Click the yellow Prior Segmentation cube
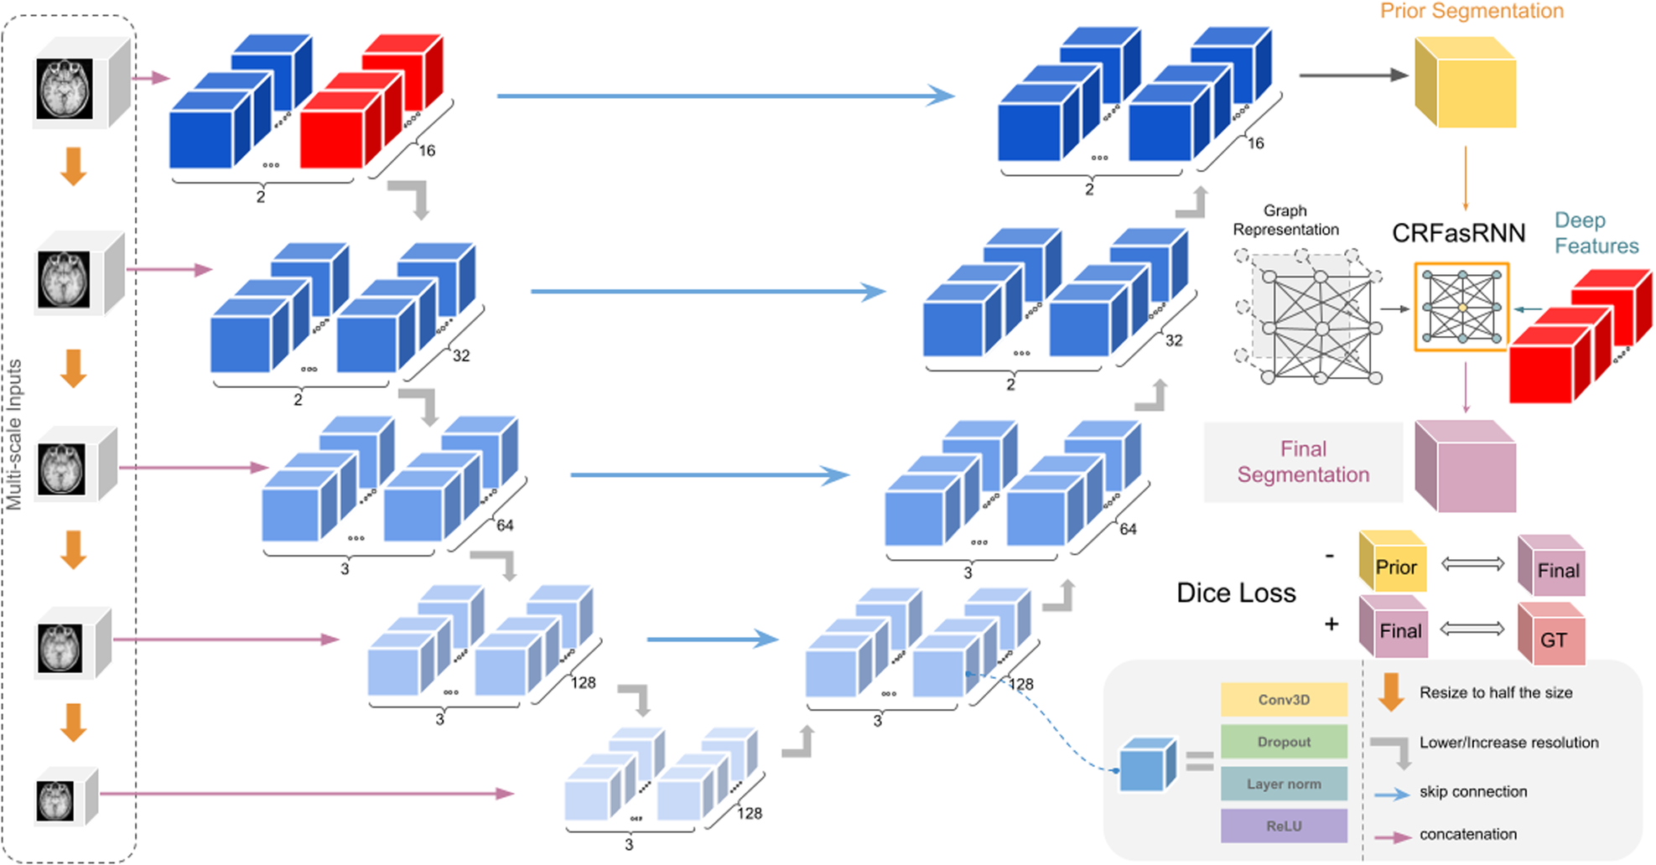click(x=1466, y=83)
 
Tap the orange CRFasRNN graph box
click(x=1461, y=307)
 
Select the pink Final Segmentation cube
click(x=1466, y=467)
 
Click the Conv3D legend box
click(x=1284, y=700)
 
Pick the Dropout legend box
click(x=1284, y=742)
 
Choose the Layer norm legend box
click(x=1284, y=785)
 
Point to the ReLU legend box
click(x=1284, y=826)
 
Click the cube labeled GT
click(x=1552, y=639)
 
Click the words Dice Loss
click(x=1236, y=593)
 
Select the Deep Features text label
click(x=1596, y=233)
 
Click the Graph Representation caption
click(x=1285, y=220)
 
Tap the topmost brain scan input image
click(x=65, y=89)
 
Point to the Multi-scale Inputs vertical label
click(x=14, y=435)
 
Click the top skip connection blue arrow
click(x=725, y=96)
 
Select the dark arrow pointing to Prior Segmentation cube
click(x=1352, y=75)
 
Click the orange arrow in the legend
click(x=1391, y=692)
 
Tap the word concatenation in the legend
click(x=1467, y=835)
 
